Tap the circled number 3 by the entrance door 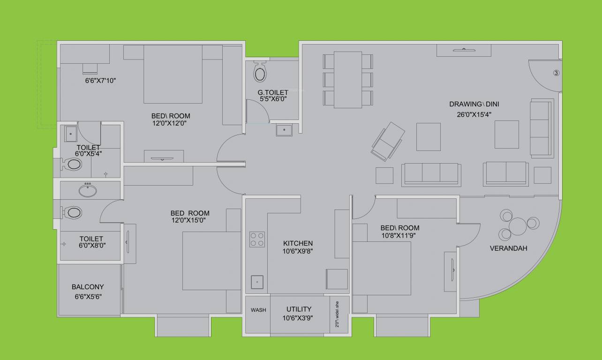[x=556, y=73]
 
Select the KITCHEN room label [x=298, y=243]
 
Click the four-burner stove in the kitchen [x=257, y=239]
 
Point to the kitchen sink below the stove [x=257, y=282]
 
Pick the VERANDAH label [x=508, y=248]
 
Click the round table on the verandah [x=518, y=226]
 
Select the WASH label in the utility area [x=258, y=310]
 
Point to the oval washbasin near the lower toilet [x=88, y=191]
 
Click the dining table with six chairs [x=348, y=80]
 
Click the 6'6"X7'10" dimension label [x=100, y=81]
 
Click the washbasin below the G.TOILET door [x=284, y=130]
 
